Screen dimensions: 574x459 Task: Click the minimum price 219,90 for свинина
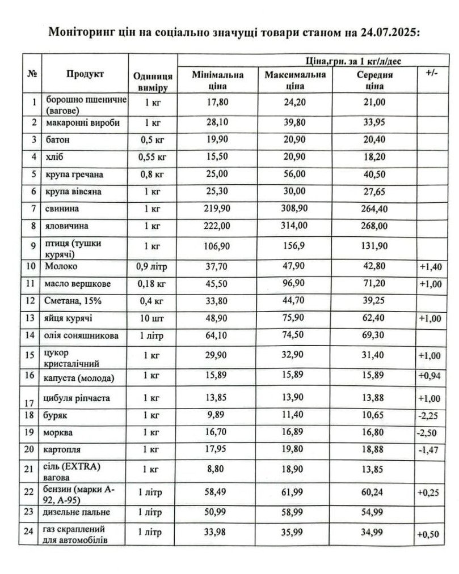click(217, 209)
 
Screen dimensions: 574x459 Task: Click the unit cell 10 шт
click(152, 318)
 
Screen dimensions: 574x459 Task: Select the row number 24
click(33, 533)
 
